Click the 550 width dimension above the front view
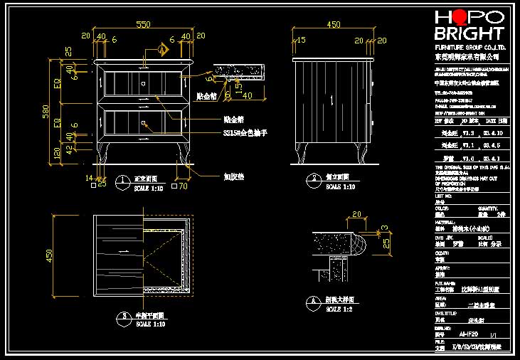tap(144, 25)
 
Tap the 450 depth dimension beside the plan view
tap(49, 255)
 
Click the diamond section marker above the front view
tap(163, 49)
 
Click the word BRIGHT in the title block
tap(469, 33)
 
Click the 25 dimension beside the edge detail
tap(385, 243)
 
